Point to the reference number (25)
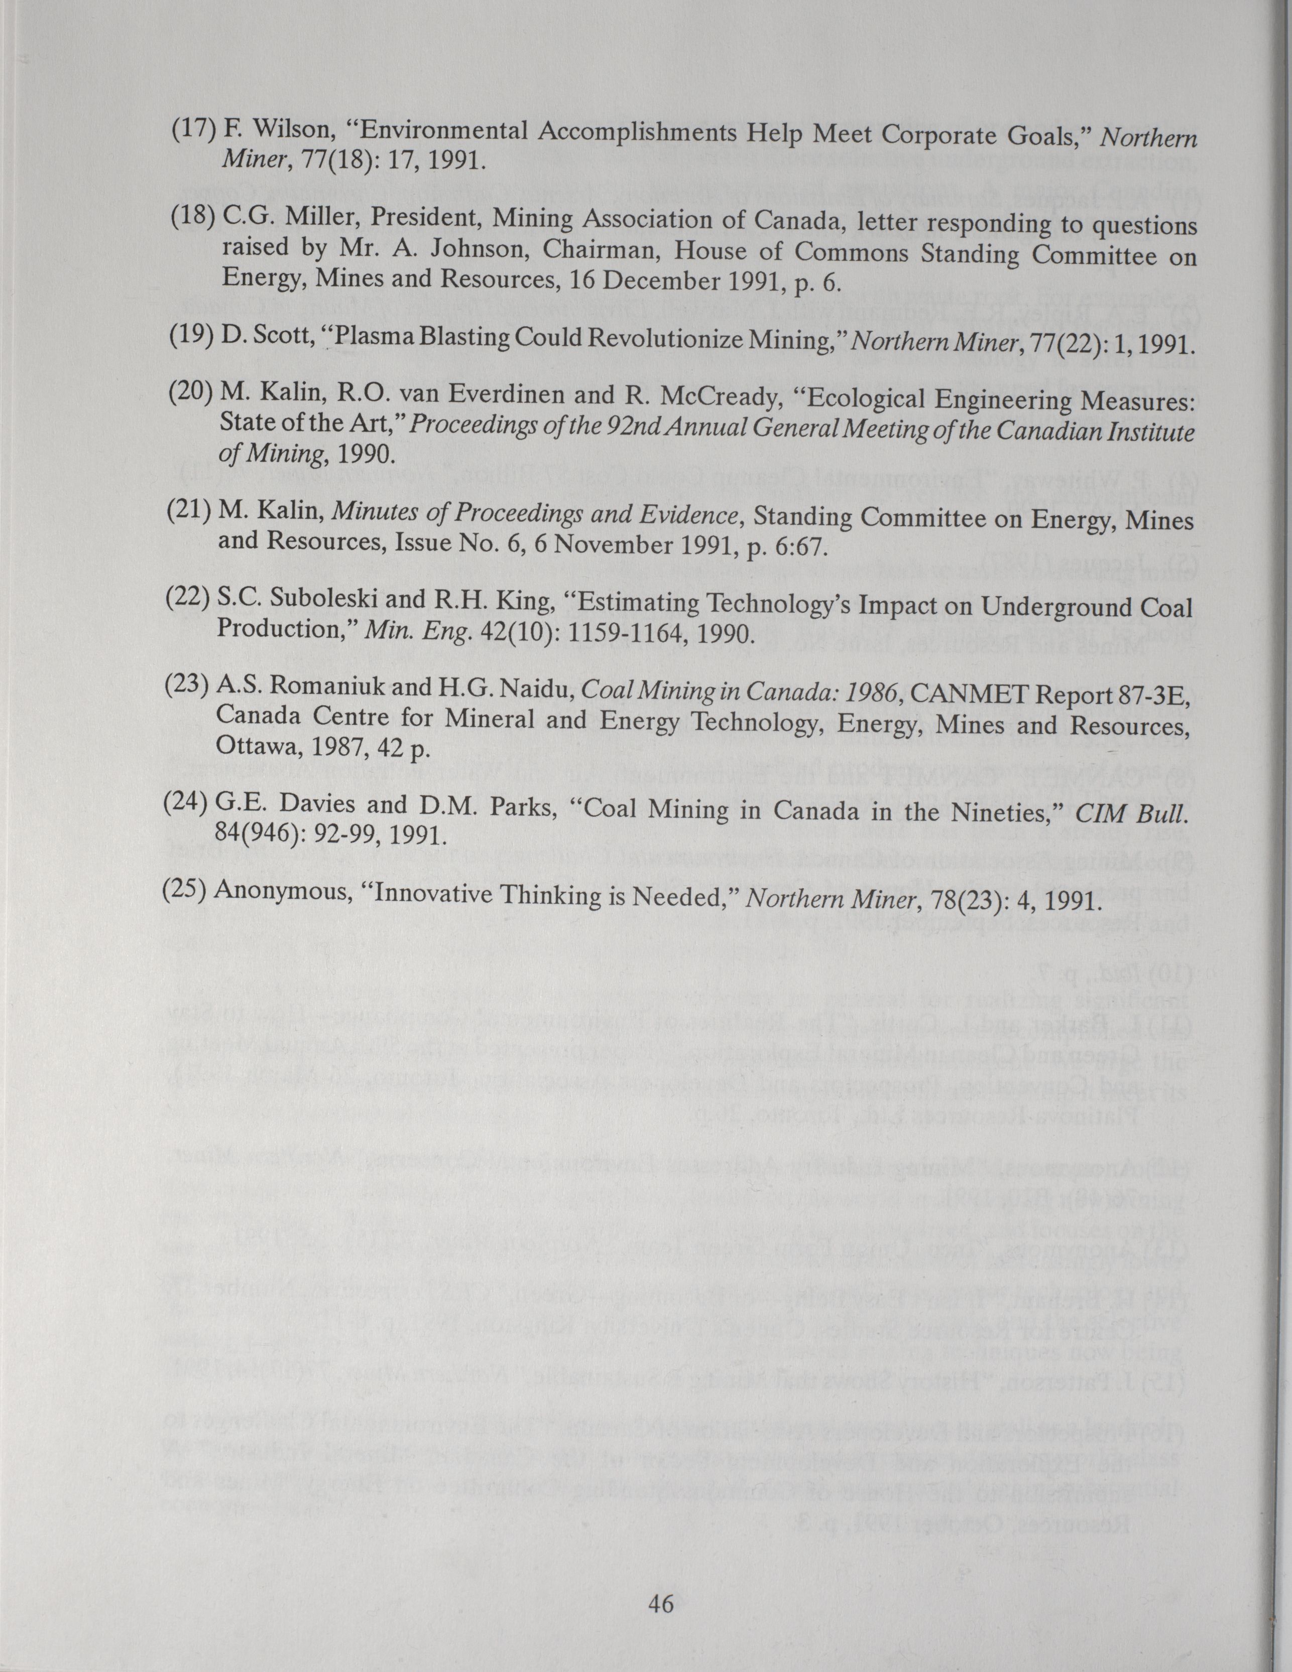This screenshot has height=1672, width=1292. pos(187,890)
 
